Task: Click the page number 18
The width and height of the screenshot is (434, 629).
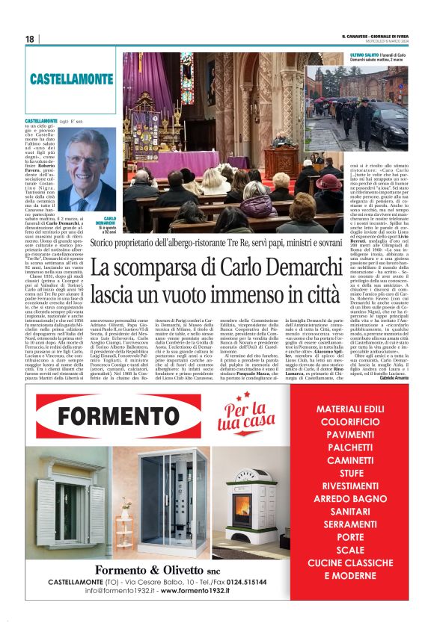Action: click(x=29, y=39)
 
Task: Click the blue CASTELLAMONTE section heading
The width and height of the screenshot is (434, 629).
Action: click(x=73, y=78)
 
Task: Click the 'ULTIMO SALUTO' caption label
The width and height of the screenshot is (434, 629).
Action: click(x=323, y=56)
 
